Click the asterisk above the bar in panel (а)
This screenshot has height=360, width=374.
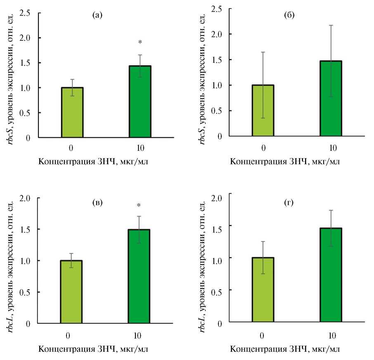point(140,43)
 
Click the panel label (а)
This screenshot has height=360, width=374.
point(98,16)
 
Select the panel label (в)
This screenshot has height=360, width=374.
point(97,203)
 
